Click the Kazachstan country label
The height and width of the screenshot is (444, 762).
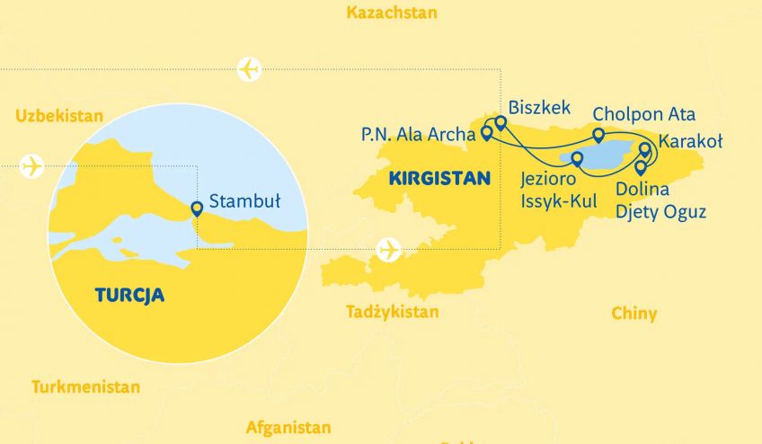pos(391,13)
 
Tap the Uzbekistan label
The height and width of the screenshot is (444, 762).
pos(59,116)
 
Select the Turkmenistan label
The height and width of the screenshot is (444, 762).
pos(85,387)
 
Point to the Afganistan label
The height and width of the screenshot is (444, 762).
pos(288,428)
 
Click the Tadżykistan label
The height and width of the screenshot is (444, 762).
pos(393,312)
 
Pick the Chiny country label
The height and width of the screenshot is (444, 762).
pos(634,314)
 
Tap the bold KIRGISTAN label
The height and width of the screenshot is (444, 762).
pos(439,179)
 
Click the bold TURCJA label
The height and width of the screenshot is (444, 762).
pos(129,295)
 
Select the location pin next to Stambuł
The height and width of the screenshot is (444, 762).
pos(197,209)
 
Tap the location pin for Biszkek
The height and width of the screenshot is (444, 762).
pos(501,123)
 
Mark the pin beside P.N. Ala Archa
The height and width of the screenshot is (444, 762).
pos(486,134)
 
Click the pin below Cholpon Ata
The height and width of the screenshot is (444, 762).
pos(598,136)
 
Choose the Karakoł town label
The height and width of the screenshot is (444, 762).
pos(690,141)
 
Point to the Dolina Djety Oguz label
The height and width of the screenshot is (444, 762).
pos(660,201)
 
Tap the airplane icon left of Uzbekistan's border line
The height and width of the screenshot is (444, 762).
pos(31,166)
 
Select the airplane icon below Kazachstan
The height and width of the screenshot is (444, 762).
pos(249,68)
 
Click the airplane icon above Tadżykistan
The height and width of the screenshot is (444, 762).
pos(388,248)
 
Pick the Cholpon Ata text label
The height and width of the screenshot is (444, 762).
pos(643,115)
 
